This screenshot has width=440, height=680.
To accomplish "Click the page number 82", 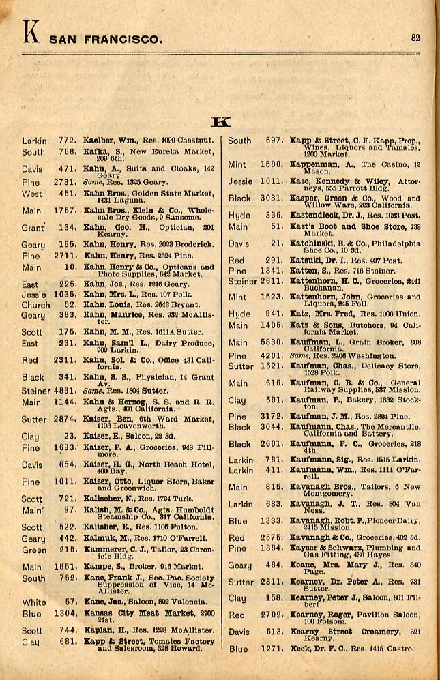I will click(415, 38).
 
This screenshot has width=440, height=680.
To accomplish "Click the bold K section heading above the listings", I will click(221, 122).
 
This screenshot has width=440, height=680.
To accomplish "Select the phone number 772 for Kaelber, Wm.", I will click(66, 141).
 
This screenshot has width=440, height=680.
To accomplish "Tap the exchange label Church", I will click(35, 305).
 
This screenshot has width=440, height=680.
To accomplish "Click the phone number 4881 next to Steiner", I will click(63, 391).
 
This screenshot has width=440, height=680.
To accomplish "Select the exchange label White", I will click(33, 602).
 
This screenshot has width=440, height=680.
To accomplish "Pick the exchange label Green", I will click(34, 550).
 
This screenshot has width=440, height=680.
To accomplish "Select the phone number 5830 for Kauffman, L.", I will click(272, 342).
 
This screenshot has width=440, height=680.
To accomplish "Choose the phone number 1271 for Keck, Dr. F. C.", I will click(272, 649).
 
